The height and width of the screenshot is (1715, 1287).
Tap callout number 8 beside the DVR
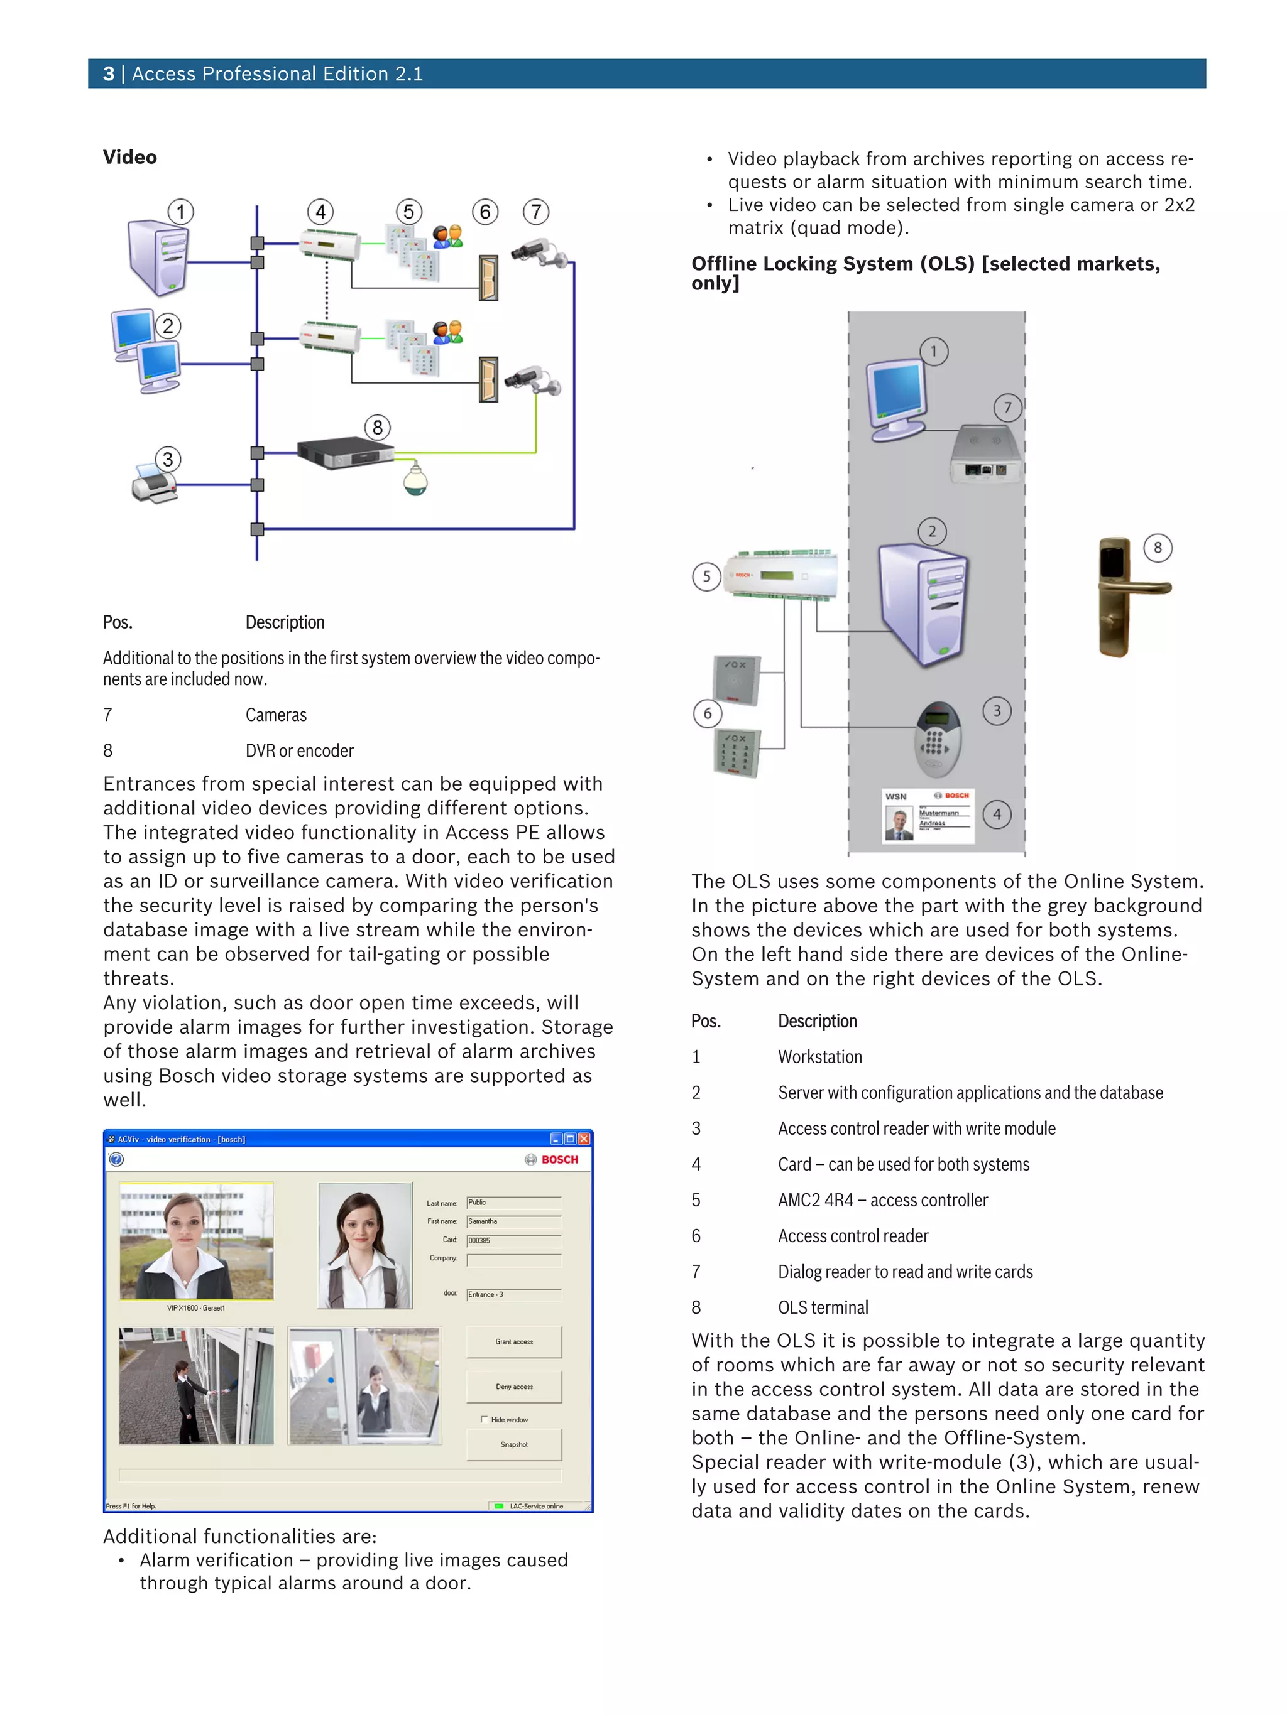tap(377, 427)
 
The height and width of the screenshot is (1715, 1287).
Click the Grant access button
tap(513, 1341)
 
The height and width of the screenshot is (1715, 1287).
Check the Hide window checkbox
tap(484, 1419)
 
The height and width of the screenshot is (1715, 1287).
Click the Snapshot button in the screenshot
tap(513, 1444)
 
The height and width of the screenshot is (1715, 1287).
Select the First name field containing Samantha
tap(513, 1221)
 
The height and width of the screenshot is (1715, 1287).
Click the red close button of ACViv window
tap(584, 1138)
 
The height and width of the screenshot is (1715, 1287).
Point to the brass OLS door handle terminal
tap(1118, 597)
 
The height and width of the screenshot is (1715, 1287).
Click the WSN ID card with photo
tap(928, 816)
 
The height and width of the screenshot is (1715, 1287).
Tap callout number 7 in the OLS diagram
tap(1007, 407)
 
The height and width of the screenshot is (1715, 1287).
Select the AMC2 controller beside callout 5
tap(781, 575)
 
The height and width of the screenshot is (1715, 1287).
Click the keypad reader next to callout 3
tap(938, 739)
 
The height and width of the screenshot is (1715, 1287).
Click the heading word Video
tap(129, 158)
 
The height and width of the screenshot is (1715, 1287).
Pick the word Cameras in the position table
tap(275, 715)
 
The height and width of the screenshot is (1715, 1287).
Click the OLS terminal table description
tap(823, 1307)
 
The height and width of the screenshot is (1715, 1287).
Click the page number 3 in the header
tap(109, 73)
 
